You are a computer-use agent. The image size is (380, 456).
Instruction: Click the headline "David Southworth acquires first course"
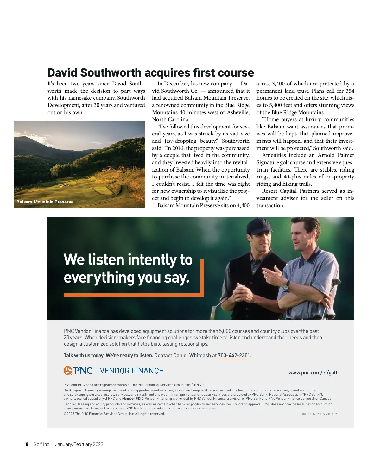[150, 73]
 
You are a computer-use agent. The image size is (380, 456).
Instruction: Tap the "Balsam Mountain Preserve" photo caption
[45, 202]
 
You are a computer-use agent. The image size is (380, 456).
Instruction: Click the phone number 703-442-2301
[234, 355]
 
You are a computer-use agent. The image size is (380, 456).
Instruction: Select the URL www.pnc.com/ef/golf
[313, 372]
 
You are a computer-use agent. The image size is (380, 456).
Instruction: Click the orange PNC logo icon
[68, 371]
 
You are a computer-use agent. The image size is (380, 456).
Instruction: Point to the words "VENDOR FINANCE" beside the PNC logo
[131, 371]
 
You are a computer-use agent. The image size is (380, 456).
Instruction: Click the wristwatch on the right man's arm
[286, 286]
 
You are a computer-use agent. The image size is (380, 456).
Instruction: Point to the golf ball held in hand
[240, 288]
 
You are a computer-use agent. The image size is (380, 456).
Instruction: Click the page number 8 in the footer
[27, 444]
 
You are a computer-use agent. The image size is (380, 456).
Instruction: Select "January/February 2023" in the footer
[79, 444]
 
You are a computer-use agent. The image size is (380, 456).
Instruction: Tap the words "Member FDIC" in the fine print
[133, 399]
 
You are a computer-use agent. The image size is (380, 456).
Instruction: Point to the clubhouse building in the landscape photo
[120, 168]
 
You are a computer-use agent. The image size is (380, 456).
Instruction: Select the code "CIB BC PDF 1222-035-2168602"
[317, 414]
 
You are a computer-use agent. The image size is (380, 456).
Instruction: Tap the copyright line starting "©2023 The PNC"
[114, 414]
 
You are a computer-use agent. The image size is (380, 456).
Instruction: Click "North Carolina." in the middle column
[170, 119]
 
